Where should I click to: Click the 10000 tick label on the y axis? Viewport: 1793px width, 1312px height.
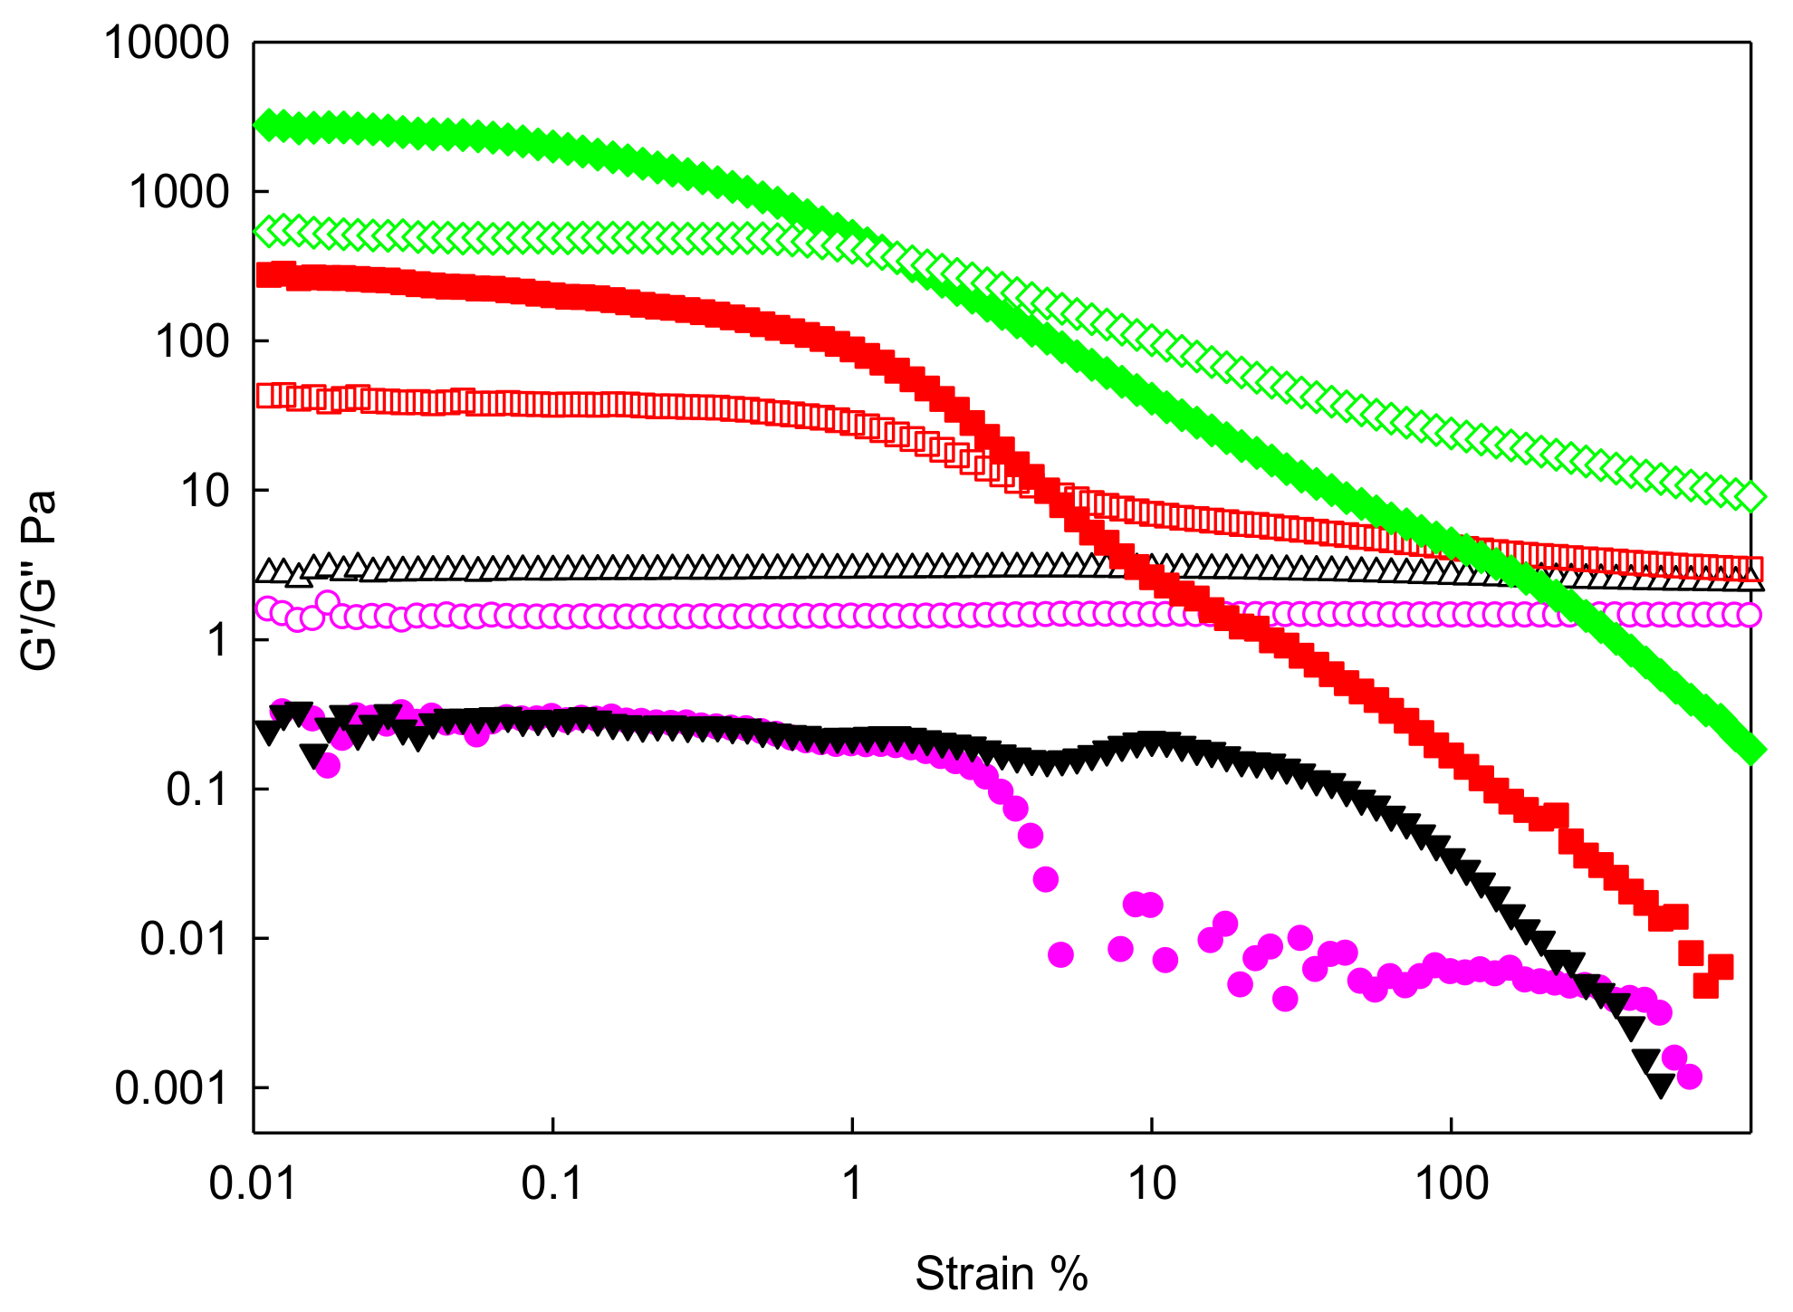pyautogui.click(x=168, y=43)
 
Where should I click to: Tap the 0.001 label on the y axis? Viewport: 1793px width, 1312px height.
pyautogui.click(x=171, y=1087)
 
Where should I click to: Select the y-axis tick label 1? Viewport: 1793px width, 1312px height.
pyautogui.click(x=217, y=640)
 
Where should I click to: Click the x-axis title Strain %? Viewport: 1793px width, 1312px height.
pyautogui.click(x=1001, y=1274)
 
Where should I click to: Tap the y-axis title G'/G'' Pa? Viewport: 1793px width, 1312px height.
pyautogui.click(x=40, y=580)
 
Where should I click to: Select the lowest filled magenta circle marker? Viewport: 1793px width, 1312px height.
pyautogui.click(x=1690, y=1077)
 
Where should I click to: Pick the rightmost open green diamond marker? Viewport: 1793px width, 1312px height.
pyautogui.click(x=1751, y=496)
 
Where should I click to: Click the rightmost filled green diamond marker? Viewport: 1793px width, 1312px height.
pyautogui.click(x=1751, y=751)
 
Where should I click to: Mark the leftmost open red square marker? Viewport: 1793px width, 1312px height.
pyautogui.click(x=269, y=396)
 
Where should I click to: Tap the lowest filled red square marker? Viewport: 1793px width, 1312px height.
pyautogui.click(x=1705, y=985)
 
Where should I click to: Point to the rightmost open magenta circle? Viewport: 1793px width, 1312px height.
pyautogui.click(x=1750, y=615)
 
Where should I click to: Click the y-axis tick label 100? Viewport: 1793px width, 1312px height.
pyautogui.click(x=193, y=341)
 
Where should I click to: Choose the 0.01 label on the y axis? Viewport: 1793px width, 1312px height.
pyautogui.click(x=184, y=938)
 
